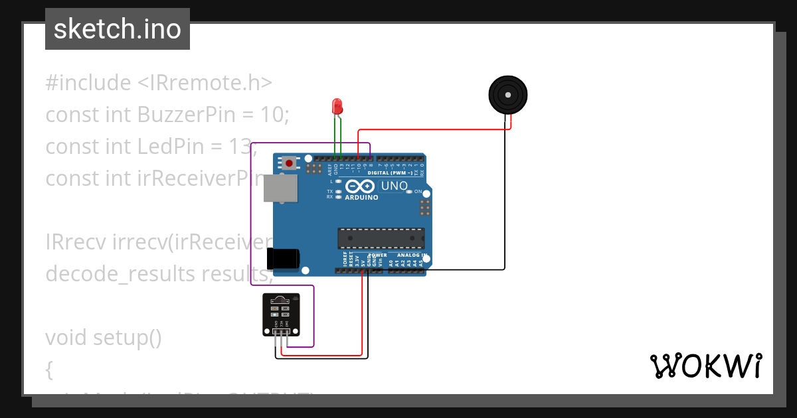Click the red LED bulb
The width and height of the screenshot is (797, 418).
tap(337, 105)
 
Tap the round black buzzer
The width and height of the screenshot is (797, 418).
tap(508, 95)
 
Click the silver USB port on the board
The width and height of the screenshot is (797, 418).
tap(280, 188)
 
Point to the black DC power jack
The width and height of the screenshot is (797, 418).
tap(282, 259)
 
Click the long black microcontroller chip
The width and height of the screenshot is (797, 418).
tap(381, 238)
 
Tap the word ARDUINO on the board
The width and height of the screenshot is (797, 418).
tap(361, 197)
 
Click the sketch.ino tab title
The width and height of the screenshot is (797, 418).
tap(118, 29)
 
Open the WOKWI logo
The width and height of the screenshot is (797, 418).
tap(705, 366)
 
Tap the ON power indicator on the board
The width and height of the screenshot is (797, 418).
tap(418, 192)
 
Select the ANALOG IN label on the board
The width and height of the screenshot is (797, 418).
tap(411, 255)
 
